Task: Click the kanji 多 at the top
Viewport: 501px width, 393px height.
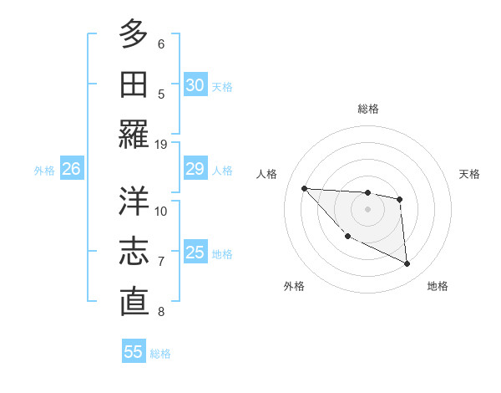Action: coord(134,33)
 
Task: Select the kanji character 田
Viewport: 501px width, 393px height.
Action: coord(134,84)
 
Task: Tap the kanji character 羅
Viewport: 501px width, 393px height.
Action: coord(134,134)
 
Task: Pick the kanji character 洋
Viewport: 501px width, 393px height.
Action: coord(134,201)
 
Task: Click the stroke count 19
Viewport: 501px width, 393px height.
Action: coord(161,144)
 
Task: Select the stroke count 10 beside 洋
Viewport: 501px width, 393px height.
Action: coord(161,211)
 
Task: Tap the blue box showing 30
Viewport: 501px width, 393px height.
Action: coord(195,85)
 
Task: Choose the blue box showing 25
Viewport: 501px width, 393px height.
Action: coord(195,253)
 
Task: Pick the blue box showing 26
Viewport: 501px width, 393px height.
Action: coord(71,170)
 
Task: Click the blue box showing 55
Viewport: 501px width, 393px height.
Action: coord(134,352)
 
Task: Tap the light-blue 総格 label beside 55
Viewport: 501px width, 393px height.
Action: coord(160,354)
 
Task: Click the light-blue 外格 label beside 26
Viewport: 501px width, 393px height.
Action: coord(44,171)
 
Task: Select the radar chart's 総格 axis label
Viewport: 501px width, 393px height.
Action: coord(367,109)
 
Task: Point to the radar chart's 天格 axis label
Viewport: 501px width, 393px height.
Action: coord(469,174)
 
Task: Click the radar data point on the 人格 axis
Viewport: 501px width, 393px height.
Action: coord(304,188)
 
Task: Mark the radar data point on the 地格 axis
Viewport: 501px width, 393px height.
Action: coord(407,264)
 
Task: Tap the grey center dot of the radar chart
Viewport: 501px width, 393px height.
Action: coord(367,208)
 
